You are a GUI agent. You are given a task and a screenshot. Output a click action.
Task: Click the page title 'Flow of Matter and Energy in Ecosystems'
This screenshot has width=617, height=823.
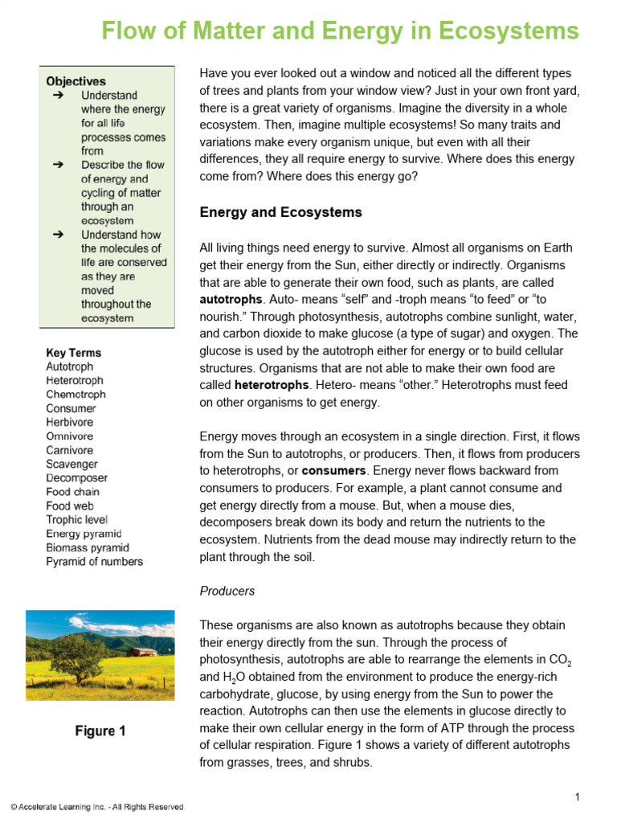[x=339, y=31]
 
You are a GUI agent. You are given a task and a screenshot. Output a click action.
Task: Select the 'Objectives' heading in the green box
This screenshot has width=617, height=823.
[x=76, y=81]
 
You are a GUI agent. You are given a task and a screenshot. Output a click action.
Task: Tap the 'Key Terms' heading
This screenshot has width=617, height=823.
[x=73, y=353]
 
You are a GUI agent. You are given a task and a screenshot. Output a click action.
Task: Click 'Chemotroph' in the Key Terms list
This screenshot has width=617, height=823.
[x=76, y=395]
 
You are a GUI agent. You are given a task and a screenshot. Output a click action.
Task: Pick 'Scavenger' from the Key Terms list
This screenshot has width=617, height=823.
[x=72, y=465]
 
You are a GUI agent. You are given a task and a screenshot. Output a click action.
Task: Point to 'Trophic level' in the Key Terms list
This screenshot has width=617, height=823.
[x=76, y=520]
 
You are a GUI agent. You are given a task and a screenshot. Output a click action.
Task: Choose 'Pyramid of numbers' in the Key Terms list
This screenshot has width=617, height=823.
[x=94, y=562]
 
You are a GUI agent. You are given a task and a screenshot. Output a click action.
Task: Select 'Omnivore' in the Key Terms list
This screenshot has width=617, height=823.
[x=69, y=436]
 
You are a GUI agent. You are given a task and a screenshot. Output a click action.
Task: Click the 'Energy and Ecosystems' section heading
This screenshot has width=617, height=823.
[x=280, y=213]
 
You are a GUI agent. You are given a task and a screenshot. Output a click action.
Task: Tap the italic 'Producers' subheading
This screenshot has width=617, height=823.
[x=227, y=591]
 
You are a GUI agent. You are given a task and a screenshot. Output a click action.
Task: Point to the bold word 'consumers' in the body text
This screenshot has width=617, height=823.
[x=333, y=470]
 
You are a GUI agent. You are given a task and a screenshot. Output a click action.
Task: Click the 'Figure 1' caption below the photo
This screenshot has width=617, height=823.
[x=100, y=731]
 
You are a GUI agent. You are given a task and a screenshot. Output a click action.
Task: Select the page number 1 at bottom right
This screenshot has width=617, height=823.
[x=577, y=797]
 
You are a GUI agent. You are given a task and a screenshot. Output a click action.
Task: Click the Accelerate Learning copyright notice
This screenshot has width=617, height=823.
[x=96, y=807]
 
